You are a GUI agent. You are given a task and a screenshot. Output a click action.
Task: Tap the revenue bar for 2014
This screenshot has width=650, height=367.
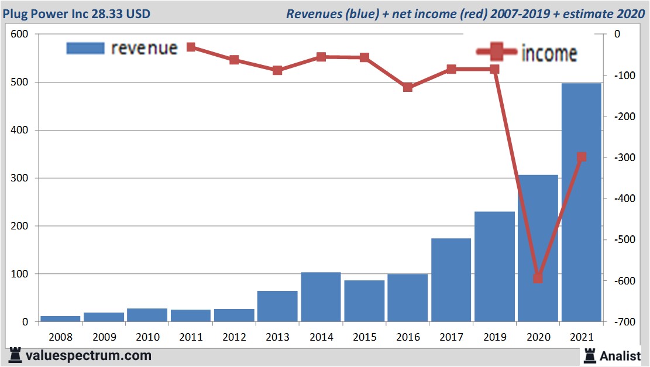point(321,297)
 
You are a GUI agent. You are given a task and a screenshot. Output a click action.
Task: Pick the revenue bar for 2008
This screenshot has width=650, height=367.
point(60,319)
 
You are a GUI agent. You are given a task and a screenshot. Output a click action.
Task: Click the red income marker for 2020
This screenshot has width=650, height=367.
point(538,277)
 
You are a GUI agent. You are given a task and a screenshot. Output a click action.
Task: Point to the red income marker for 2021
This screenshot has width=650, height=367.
point(582,157)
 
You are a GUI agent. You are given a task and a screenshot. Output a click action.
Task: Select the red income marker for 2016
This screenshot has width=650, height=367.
point(408,87)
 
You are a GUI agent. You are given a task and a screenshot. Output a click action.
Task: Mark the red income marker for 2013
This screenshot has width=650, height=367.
point(278,70)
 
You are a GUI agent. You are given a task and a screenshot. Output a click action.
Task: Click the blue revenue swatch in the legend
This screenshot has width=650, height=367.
point(85,47)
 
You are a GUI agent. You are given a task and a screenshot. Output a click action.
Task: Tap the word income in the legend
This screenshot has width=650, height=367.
point(549,53)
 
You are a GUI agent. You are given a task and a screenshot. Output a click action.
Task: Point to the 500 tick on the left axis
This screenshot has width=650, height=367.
point(21,83)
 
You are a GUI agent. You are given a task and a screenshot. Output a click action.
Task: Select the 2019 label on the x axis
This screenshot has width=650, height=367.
point(494,338)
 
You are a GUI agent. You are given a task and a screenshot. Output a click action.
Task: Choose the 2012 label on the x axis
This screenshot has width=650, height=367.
point(234,338)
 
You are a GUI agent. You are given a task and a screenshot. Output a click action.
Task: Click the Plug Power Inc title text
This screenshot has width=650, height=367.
point(76,13)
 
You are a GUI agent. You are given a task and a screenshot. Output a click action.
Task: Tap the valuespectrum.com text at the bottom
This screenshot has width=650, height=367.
point(88,355)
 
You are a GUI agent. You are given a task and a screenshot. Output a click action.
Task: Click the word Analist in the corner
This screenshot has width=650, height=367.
point(620,355)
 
